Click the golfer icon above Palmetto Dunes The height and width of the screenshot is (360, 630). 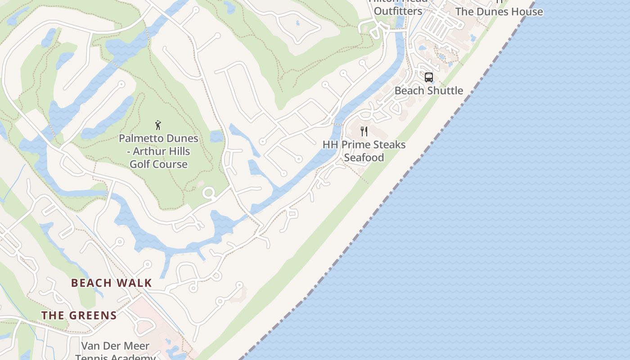click(158, 125)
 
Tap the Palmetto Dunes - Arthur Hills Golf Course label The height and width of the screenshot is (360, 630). click(158, 151)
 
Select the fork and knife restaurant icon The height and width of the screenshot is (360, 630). click(364, 131)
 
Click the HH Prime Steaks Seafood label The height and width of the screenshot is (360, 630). click(364, 151)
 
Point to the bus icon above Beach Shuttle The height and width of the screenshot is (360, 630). click(429, 77)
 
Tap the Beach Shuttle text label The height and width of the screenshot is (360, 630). click(429, 90)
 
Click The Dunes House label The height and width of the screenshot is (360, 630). click(499, 12)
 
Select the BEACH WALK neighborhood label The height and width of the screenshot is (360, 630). click(112, 283)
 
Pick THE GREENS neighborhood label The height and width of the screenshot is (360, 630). click(79, 315)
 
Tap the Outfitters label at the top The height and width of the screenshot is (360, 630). click(398, 11)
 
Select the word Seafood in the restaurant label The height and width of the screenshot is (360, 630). click(364, 157)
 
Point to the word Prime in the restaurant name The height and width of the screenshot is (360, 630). click(355, 145)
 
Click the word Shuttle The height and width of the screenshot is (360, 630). click(445, 90)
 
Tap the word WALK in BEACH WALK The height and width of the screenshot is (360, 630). click(134, 283)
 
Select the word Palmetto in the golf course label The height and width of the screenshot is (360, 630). click(139, 138)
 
